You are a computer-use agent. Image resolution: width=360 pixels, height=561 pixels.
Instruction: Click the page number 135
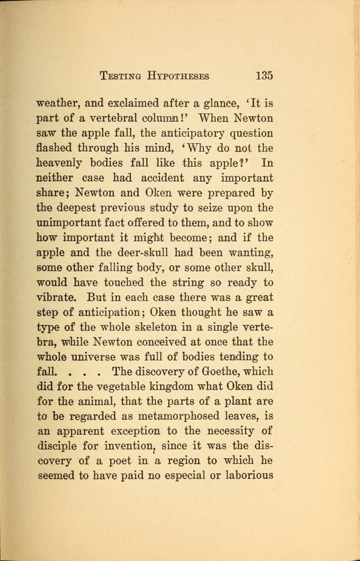(x=264, y=76)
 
